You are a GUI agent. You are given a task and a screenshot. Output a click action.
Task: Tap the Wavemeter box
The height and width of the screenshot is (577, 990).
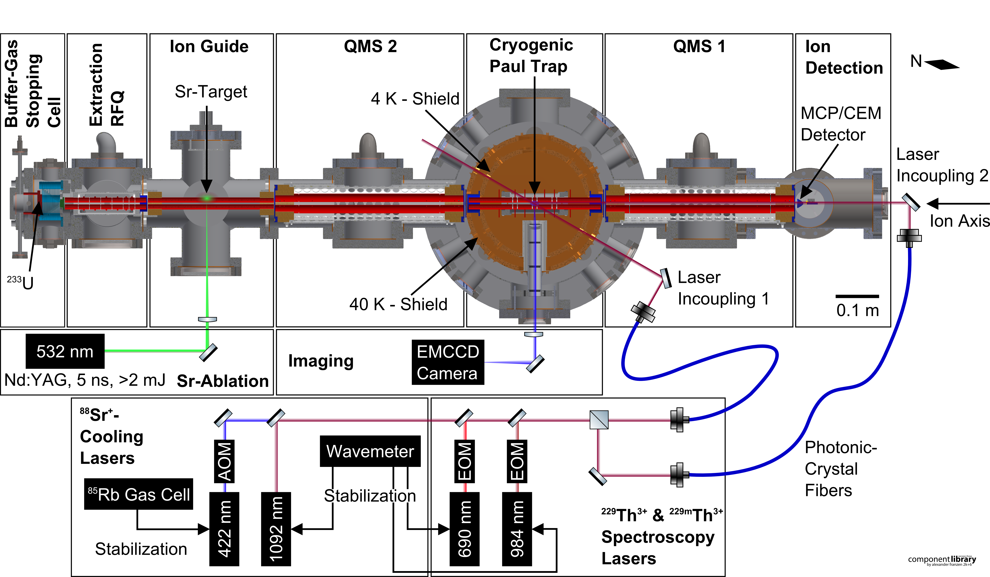[370, 451]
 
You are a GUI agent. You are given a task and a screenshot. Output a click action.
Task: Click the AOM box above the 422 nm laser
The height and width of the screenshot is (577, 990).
[224, 461]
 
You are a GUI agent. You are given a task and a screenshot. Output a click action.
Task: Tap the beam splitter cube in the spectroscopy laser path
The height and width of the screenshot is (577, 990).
[599, 420]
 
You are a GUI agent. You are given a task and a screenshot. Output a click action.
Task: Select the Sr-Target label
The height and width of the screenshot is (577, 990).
[211, 92]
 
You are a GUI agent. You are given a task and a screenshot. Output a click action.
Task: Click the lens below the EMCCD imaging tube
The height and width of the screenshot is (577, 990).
[533, 334]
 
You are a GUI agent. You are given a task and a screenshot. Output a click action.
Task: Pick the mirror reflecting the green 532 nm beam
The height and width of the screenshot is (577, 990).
[208, 352]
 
